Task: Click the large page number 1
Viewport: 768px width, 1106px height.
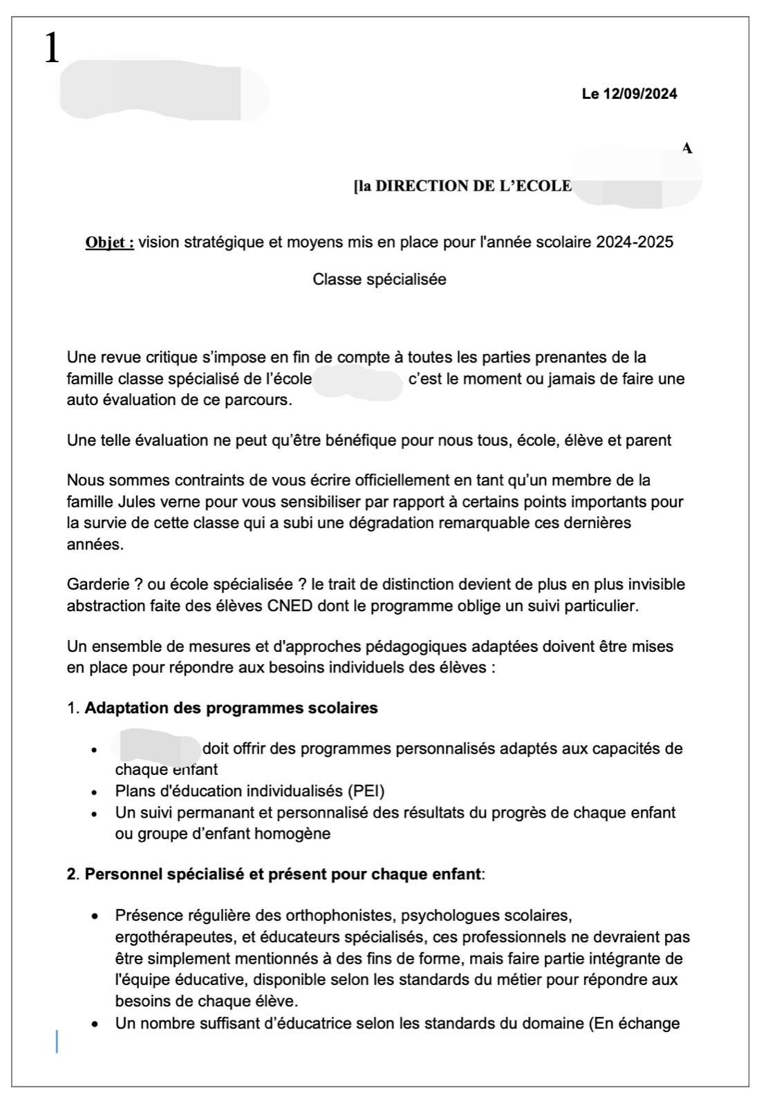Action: click(52, 49)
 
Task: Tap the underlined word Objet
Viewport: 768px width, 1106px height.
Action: click(109, 243)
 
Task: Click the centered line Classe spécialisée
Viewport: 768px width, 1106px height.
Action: click(380, 279)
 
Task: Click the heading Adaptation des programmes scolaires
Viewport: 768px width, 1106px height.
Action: click(231, 708)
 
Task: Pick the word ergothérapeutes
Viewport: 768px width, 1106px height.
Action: click(169, 937)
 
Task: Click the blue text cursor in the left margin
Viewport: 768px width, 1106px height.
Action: click(57, 1042)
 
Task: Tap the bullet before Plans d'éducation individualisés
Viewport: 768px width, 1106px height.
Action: click(94, 792)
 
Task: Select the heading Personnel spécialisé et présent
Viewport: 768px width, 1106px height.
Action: click(282, 874)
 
